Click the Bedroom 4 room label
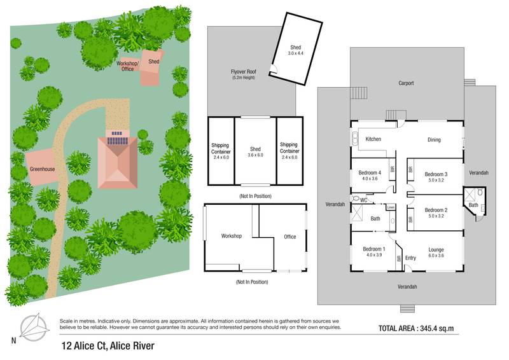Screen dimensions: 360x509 370,173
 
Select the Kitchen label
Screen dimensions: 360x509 373,139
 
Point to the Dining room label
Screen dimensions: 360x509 433,140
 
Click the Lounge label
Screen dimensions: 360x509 436,249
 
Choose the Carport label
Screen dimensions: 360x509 406,83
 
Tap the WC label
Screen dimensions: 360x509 364,200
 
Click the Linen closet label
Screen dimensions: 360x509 391,207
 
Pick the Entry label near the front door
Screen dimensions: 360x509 410,258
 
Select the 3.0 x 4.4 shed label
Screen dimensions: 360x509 296,54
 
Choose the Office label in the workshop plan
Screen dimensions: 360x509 289,237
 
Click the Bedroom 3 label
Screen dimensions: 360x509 436,174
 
